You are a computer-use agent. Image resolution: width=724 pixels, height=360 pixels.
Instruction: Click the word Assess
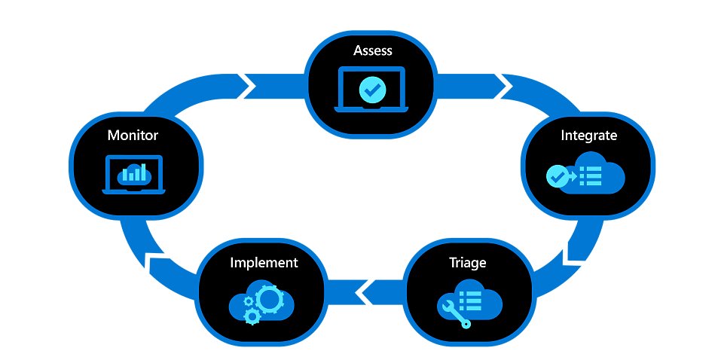[x=372, y=51]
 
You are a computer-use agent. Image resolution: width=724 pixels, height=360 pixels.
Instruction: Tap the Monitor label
[x=133, y=136]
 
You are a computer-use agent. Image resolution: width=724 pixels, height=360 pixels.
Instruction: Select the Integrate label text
[x=588, y=136]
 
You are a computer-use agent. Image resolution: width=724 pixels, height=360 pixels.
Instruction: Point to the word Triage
[x=467, y=263]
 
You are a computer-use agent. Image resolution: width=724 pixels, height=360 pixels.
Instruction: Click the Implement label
[x=263, y=263]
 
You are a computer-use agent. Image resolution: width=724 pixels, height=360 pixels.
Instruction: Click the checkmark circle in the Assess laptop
[x=372, y=90]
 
